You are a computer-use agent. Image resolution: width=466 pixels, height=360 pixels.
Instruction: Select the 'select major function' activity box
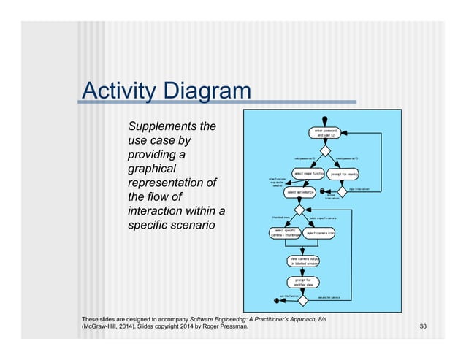[x=308, y=173]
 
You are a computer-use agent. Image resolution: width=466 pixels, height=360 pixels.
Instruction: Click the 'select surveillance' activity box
[x=301, y=192]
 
